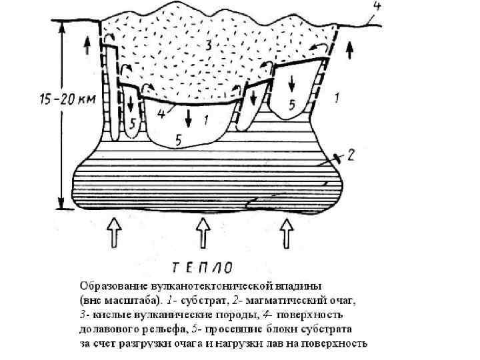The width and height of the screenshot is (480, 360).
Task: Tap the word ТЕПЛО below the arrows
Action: pos(203,268)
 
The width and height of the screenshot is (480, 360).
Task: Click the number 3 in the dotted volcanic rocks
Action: pos(209,45)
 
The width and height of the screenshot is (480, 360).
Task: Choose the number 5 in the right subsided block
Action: pos(291,104)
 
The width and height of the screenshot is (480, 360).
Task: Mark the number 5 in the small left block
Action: pos(133,123)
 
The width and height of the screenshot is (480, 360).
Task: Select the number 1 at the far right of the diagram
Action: pos(337,98)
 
